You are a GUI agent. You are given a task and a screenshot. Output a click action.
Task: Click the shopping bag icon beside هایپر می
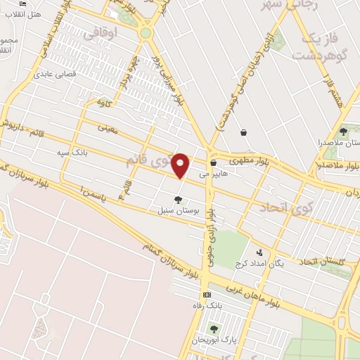(212, 162)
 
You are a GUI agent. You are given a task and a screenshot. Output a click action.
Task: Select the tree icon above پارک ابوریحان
(214, 328)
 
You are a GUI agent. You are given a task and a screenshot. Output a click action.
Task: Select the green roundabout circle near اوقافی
(146, 32)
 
